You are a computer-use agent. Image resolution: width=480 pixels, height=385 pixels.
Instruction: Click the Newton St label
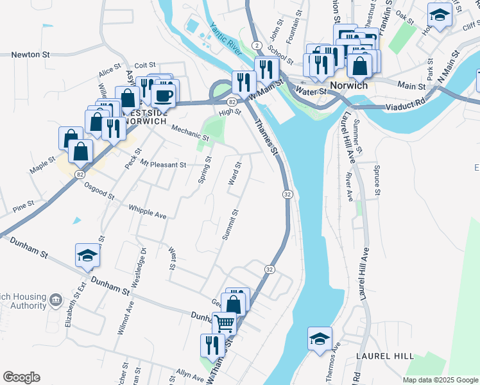[31, 55]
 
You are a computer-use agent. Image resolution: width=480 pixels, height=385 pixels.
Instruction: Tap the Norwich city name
[348, 85]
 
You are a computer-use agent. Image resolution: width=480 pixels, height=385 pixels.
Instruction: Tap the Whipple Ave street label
[148, 212]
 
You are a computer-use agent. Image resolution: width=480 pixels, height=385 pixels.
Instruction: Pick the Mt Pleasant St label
[163, 165]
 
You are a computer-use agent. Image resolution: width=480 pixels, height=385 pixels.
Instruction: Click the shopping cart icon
[224, 323]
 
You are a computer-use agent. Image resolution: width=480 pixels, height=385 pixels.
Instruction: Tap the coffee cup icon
[163, 96]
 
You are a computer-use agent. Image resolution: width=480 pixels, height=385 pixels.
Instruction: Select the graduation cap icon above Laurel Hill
[320, 339]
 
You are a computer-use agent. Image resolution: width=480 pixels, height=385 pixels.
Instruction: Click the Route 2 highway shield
[256, 45]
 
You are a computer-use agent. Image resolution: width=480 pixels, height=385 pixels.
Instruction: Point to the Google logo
[21, 377]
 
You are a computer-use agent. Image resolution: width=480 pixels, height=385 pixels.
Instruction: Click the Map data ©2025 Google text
[440, 380]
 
